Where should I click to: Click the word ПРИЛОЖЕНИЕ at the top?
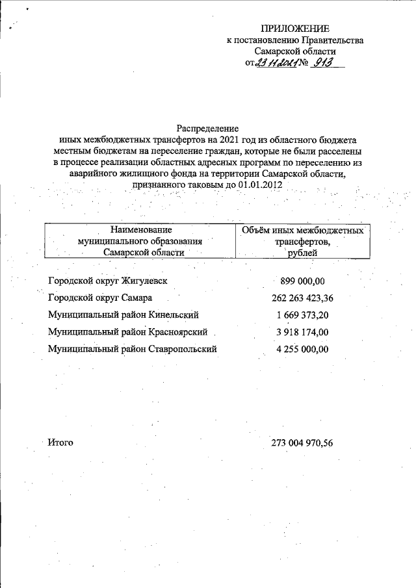point(295,28)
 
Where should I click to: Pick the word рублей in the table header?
point(302,253)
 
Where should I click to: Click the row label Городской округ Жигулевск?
point(108,281)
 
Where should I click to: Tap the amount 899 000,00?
point(302,281)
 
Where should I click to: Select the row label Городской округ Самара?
point(101,298)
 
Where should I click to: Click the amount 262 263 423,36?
point(302,298)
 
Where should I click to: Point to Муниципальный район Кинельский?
point(123,315)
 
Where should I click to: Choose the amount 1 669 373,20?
point(302,315)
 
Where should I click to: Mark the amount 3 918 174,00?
point(302,332)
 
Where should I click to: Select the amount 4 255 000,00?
point(302,349)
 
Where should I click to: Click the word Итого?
point(60,442)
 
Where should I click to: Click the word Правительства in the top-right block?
point(332,40)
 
